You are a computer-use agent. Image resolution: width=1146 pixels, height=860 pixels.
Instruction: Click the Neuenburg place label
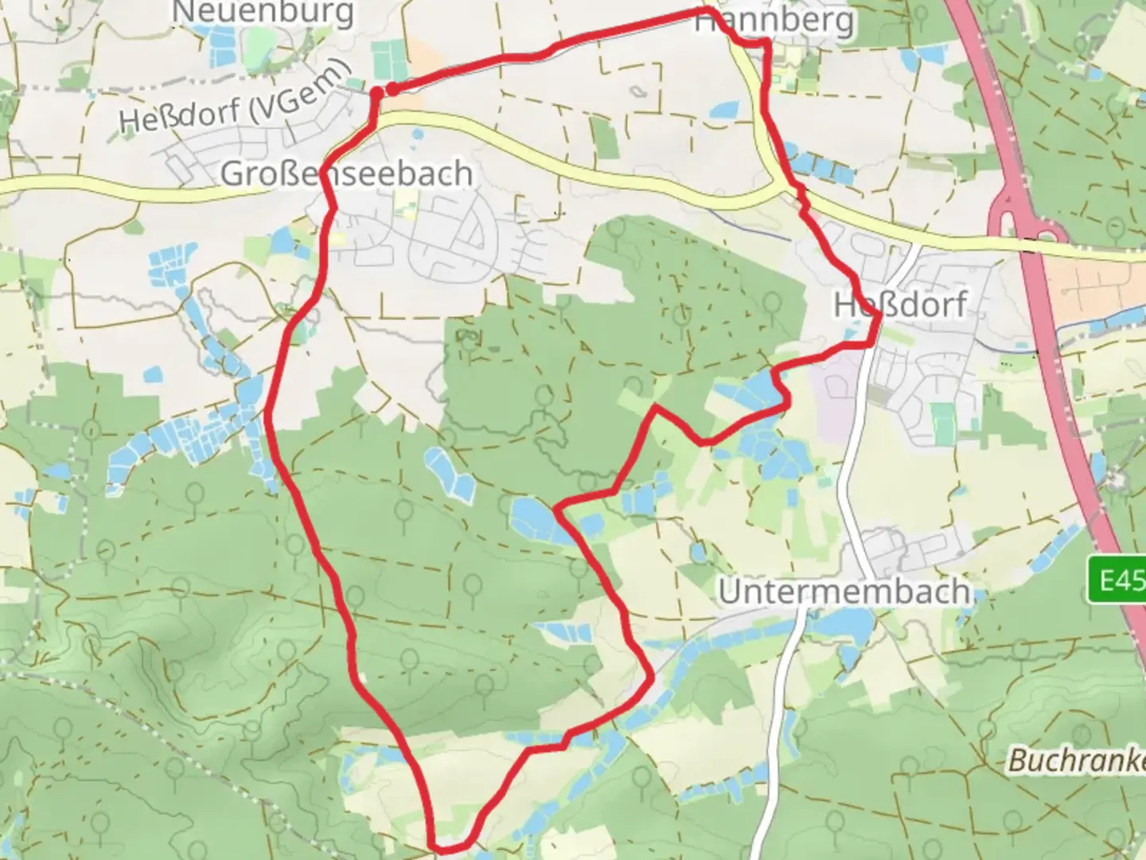[x=263, y=13]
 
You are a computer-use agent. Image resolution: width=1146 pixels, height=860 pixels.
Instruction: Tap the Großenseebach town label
[x=346, y=174]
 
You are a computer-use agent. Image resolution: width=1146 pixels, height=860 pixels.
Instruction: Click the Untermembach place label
[x=844, y=592]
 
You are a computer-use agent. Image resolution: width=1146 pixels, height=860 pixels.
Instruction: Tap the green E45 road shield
[x=1117, y=580]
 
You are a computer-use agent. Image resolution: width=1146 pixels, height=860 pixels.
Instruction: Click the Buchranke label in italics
[x=1076, y=760]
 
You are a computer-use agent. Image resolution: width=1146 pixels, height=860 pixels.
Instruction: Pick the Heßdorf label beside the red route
[x=901, y=304]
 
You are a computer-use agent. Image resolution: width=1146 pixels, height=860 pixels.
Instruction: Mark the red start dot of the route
[x=392, y=89]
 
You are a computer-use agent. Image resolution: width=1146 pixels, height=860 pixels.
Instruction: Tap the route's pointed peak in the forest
[x=655, y=408]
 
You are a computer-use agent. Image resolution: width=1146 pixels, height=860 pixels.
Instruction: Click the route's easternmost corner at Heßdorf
[x=879, y=317]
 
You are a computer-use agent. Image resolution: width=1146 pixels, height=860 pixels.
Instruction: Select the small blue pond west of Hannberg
[x=723, y=110]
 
